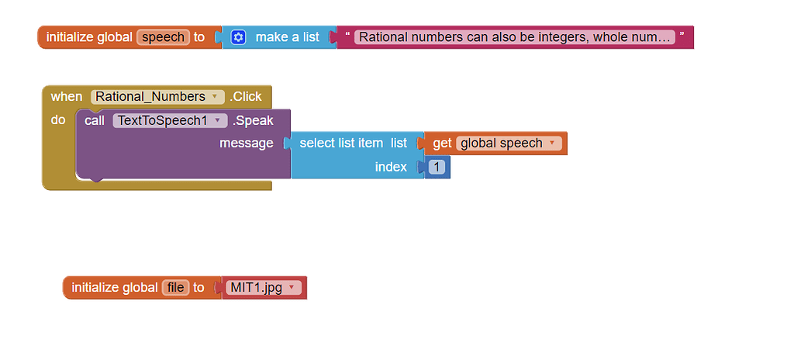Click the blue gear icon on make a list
(x=238, y=37)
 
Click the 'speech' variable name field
(x=163, y=37)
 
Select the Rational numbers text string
(x=514, y=37)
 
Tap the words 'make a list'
(x=287, y=37)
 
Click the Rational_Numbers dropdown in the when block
(x=156, y=97)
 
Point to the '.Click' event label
(x=246, y=97)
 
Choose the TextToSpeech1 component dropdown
(x=170, y=121)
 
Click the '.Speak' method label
(x=253, y=121)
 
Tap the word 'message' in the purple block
(x=246, y=144)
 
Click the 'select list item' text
(x=340, y=144)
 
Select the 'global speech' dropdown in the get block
(x=509, y=144)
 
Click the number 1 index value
(x=437, y=167)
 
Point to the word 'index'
(x=391, y=167)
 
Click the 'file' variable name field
(x=176, y=288)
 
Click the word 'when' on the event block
(x=66, y=97)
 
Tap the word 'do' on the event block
(x=58, y=120)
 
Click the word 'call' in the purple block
(x=95, y=121)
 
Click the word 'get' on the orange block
(x=442, y=144)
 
